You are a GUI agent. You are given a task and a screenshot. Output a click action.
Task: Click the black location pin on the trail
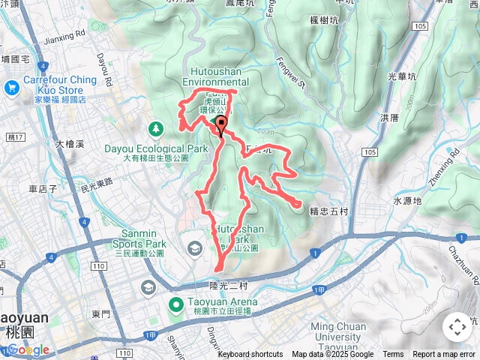tap(220, 124)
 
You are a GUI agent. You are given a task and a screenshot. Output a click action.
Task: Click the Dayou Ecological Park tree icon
tap(156, 128)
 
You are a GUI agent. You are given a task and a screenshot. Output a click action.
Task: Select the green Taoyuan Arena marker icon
tap(176, 304)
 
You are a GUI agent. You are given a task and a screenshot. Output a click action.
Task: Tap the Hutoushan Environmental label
tap(215, 76)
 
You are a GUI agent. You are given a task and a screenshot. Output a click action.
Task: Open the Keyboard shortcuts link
tap(250, 355)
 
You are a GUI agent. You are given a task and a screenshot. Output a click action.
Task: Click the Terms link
tap(393, 355)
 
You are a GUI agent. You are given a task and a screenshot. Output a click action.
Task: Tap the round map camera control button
tap(457, 327)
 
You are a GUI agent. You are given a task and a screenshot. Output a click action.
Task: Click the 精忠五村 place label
tap(328, 211)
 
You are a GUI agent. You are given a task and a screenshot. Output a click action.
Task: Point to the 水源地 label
tap(407, 201)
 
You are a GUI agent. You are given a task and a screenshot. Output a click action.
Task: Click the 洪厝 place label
tap(389, 118)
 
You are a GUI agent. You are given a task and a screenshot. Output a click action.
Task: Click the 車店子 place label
tap(43, 189)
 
